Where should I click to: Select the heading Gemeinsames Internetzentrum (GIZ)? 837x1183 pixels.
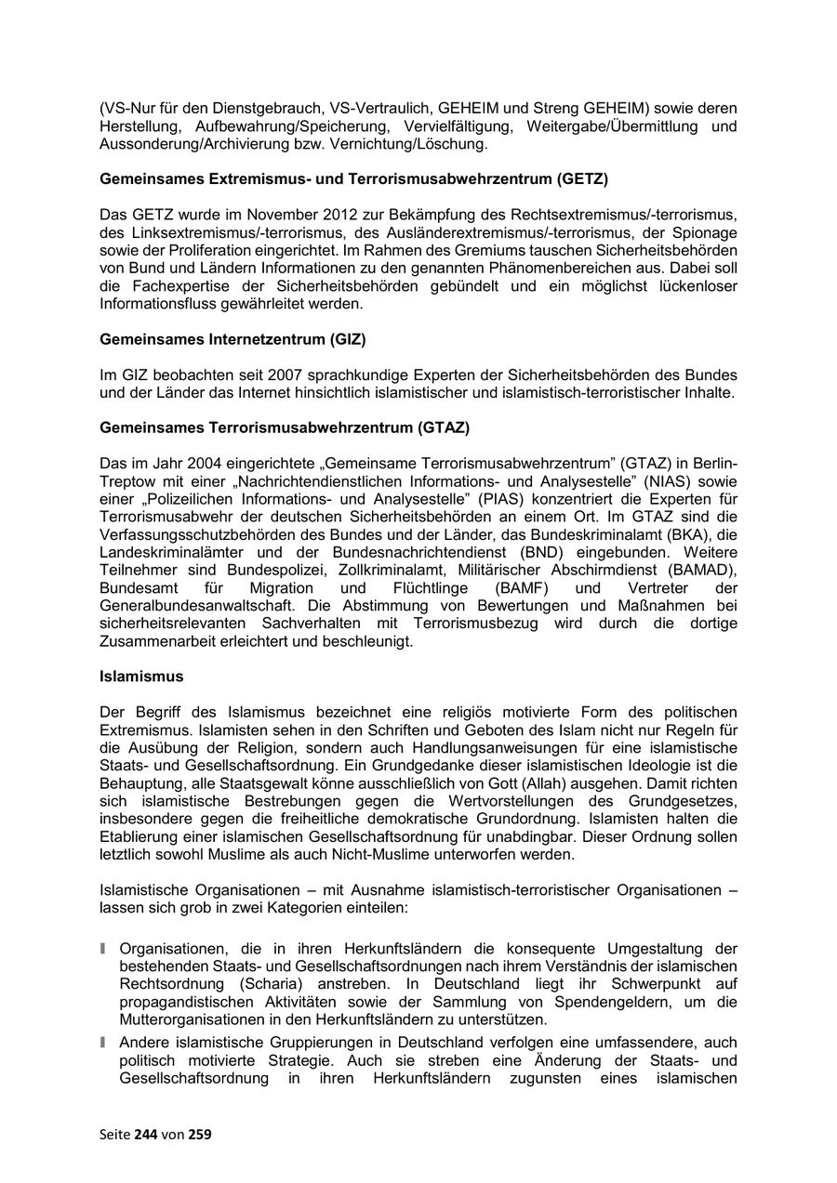pos(226,339)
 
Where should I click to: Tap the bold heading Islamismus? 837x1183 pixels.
pos(141,677)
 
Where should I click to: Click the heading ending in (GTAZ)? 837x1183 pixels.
pos(285,427)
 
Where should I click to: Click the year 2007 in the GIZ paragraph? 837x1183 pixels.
pos(285,375)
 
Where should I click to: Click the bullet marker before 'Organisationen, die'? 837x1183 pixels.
pos(104,949)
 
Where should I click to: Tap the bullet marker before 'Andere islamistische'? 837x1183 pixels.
pos(104,1044)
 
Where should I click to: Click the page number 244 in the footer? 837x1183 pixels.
pos(147,1134)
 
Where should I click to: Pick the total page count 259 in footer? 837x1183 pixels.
pos(200,1134)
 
